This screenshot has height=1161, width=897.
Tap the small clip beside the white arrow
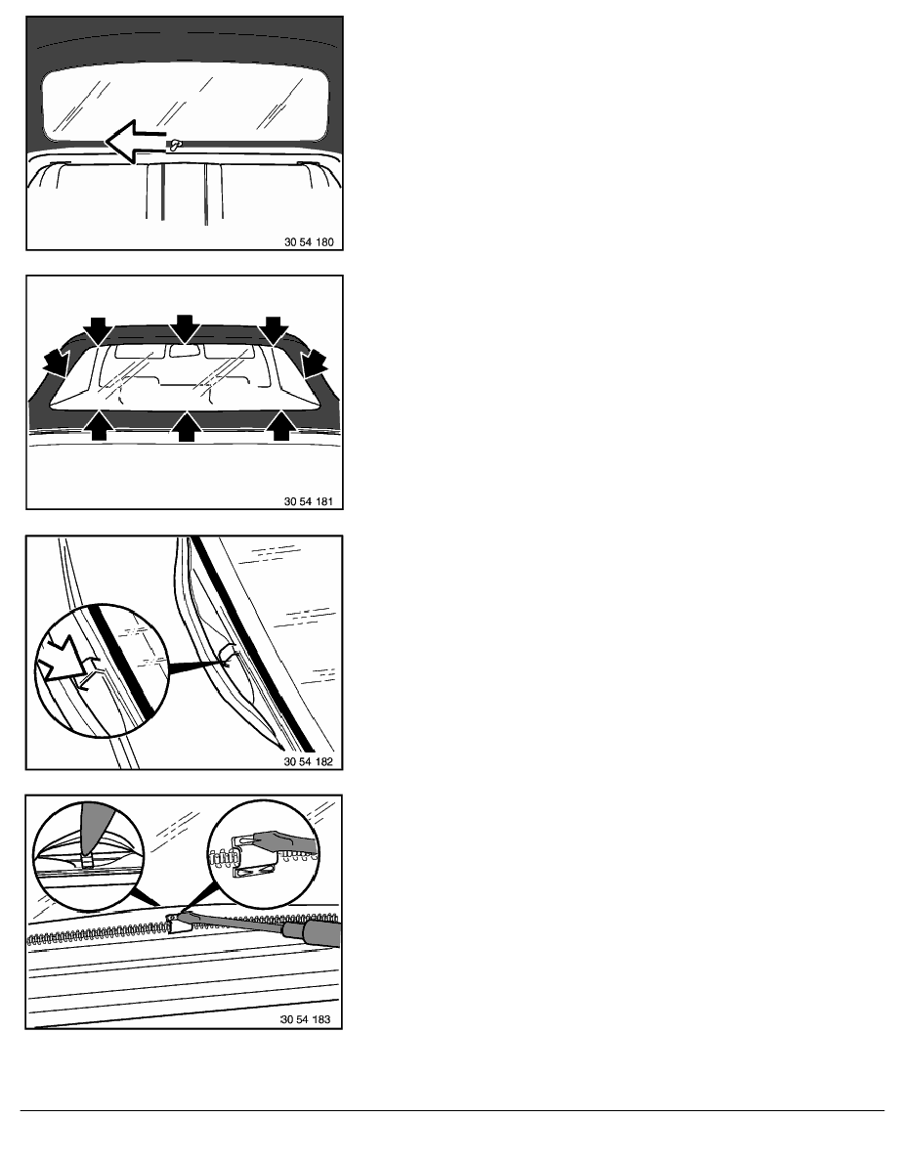coord(175,146)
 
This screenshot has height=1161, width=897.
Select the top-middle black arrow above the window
coord(184,328)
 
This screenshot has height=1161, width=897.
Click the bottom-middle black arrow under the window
coord(184,426)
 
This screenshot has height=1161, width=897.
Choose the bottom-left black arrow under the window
coord(98,426)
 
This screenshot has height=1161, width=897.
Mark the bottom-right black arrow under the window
coord(282,426)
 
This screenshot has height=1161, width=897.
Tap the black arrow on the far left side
coord(55,365)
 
